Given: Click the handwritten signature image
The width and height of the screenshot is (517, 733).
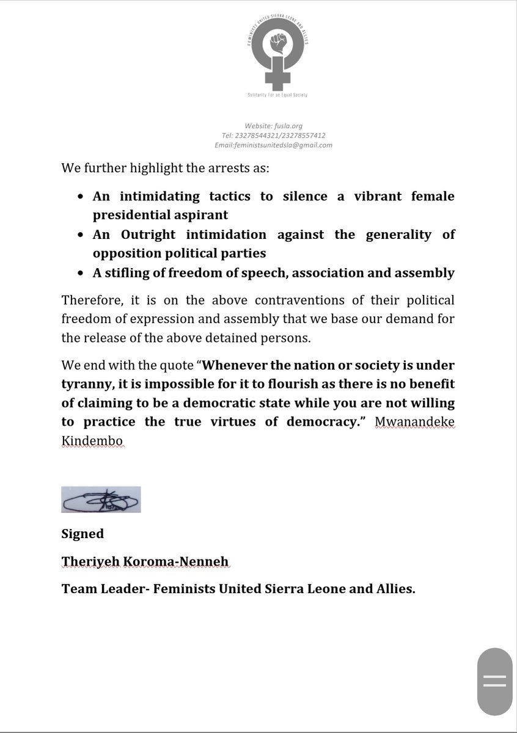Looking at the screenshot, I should [x=101, y=499].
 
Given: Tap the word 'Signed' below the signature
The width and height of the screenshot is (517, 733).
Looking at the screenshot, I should [x=82, y=534].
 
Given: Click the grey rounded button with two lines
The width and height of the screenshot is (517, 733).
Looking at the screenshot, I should [x=495, y=682].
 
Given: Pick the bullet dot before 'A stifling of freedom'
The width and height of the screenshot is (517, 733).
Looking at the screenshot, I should [x=82, y=274].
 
